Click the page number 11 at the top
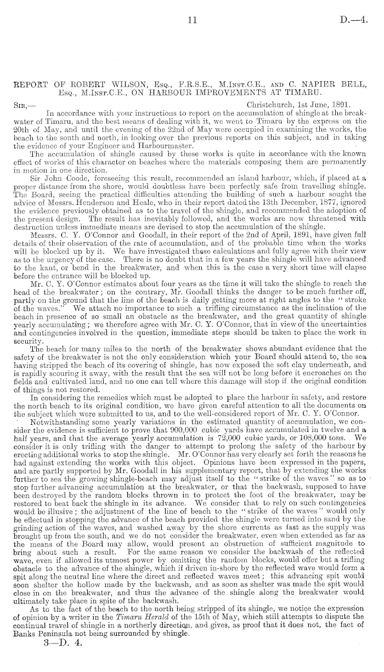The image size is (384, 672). (192, 20)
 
